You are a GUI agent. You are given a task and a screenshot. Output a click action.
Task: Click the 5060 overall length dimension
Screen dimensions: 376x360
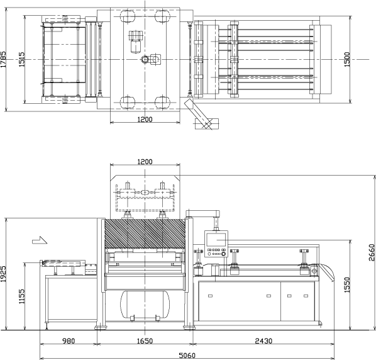click(187, 355)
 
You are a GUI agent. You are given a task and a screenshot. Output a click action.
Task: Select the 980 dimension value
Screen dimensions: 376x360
click(69, 340)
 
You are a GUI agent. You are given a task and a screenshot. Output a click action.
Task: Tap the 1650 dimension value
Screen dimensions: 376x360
click(145, 340)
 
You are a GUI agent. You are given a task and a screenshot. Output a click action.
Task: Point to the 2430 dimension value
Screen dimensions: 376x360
click(263, 340)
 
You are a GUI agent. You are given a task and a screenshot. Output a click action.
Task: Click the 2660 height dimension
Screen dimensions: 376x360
click(372, 252)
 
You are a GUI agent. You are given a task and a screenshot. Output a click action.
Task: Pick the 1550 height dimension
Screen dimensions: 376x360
click(347, 285)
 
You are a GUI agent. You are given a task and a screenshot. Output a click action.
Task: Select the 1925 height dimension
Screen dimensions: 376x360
click(3, 274)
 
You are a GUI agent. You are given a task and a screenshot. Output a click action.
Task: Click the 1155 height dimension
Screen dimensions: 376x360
click(21, 296)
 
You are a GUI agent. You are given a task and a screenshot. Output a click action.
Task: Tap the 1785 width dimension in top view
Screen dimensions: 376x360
click(3, 59)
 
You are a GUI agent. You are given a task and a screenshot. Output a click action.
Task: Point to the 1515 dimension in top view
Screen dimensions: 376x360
click(21, 59)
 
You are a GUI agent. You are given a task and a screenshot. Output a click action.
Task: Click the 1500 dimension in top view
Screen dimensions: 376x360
click(347, 59)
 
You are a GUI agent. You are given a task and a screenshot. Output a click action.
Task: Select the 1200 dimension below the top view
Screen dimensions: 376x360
click(145, 120)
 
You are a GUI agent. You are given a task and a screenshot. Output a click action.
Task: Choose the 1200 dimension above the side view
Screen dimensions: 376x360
click(145, 162)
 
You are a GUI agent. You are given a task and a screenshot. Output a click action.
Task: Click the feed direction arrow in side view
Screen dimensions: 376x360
click(40, 240)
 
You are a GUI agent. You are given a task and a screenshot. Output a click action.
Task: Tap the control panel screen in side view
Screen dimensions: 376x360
click(216, 239)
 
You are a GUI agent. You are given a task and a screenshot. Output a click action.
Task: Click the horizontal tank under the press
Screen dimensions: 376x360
click(145, 304)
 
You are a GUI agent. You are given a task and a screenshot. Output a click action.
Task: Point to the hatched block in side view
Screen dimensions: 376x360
click(145, 233)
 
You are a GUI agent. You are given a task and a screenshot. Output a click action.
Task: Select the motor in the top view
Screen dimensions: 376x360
click(135, 42)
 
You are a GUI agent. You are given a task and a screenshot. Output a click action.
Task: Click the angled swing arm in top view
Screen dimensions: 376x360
click(198, 114)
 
